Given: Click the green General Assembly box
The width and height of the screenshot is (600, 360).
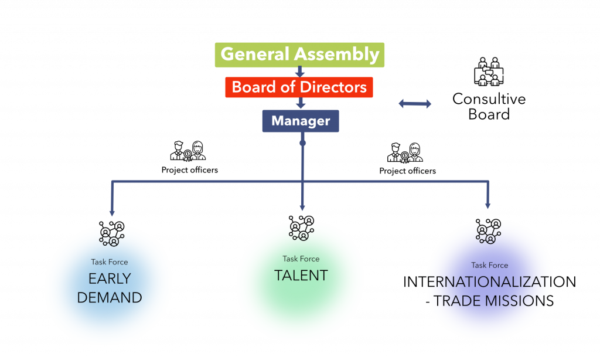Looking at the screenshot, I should click(299, 55).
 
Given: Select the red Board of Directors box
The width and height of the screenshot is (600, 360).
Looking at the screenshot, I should click(299, 87).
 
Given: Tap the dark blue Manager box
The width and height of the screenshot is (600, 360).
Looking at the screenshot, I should click(301, 121).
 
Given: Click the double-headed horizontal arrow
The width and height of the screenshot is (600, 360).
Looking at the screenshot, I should click(415, 104).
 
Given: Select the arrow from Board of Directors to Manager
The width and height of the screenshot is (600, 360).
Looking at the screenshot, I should click(301, 104).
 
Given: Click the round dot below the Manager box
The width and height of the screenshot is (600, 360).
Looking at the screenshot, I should click(302, 143).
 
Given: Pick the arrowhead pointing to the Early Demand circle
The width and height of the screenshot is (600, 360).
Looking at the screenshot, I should click(112, 212).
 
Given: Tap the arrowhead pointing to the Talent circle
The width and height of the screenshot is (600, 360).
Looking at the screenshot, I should click(302, 207).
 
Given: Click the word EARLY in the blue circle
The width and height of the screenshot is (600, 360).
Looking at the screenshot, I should click(110, 279).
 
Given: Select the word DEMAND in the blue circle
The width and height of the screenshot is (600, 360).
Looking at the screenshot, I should click(110, 298).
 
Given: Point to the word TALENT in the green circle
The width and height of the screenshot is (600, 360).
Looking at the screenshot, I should click(301, 276).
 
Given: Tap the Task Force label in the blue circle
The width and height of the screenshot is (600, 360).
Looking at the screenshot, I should click(110, 262).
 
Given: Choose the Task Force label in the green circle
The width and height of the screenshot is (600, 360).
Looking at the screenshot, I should click(301, 259).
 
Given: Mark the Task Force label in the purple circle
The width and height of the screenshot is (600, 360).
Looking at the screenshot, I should click(490, 265).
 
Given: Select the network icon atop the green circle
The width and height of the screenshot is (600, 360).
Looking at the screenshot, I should click(301, 230).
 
